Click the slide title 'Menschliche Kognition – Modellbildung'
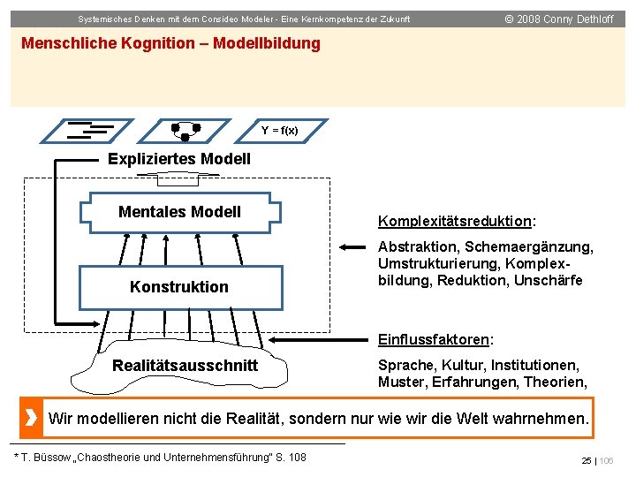(170, 43)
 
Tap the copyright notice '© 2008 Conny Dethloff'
(559, 19)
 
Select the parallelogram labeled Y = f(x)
(279, 131)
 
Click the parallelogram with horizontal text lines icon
(89, 131)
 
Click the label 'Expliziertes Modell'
(179, 159)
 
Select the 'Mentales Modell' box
(179, 213)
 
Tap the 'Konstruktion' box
(179, 286)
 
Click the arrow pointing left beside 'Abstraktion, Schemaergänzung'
(355, 246)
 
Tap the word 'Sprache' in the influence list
(403, 365)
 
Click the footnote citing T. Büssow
(161, 457)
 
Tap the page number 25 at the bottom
(586, 461)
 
